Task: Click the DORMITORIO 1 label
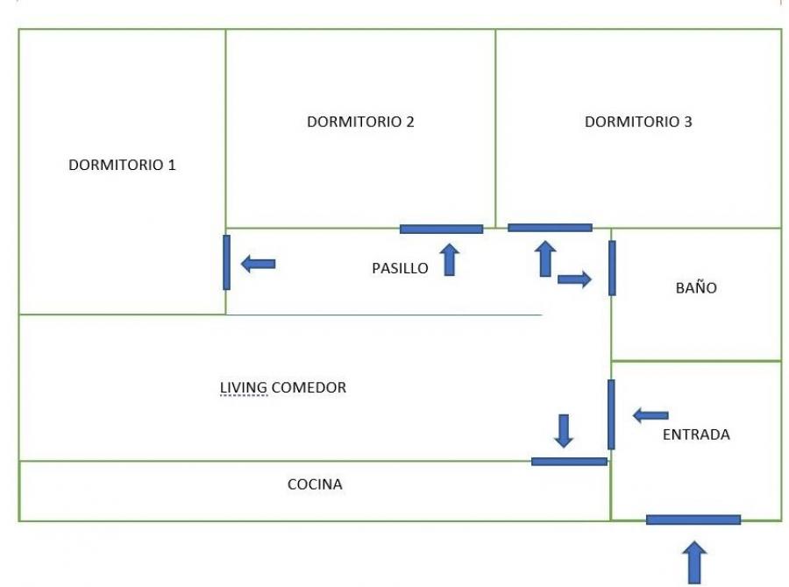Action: (x=122, y=165)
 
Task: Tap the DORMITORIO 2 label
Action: (x=360, y=122)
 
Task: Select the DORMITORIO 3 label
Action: (x=638, y=122)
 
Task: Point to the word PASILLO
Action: (x=400, y=268)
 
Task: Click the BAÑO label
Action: (x=696, y=287)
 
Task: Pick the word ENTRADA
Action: (x=696, y=435)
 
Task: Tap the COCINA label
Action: (x=315, y=484)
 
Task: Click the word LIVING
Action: (x=244, y=388)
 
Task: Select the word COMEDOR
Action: (x=309, y=387)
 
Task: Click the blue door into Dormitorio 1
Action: (x=226, y=262)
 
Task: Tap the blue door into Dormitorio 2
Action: (x=441, y=230)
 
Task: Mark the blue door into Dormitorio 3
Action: (x=550, y=228)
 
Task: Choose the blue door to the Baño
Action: (x=612, y=268)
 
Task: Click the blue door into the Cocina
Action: (x=569, y=462)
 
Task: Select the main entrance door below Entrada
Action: (x=693, y=520)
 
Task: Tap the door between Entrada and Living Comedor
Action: (x=611, y=414)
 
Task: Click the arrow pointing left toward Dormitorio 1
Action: (x=258, y=264)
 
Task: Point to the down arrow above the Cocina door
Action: (x=564, y=431)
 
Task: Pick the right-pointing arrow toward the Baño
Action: (x=574, y=279)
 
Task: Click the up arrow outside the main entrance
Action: (x=694, y=562)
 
